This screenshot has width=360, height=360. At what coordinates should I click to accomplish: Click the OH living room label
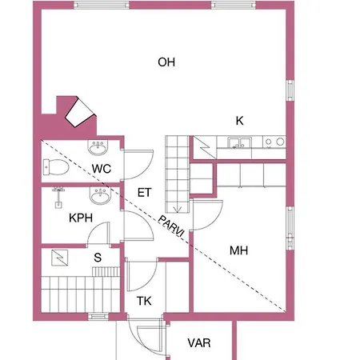pyautogui.click(x=166, y=62)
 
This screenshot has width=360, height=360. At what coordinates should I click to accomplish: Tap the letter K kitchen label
pyautogui.click(x=239, y=121)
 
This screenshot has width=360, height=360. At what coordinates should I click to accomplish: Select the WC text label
pyautogui.click(x=102, y=169)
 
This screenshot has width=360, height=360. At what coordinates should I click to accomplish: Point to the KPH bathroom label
pyautogui.click(x=81, y=218)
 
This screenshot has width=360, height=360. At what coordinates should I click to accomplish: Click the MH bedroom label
pyautogui.click(x=238, y=250)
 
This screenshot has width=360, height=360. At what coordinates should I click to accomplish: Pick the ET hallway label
pyautogui.click(x=145, y=193)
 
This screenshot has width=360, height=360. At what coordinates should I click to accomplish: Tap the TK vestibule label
pyautogui.click(x=144, y=301)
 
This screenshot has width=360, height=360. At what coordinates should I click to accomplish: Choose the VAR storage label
pyautogui.click(x=199, y=343)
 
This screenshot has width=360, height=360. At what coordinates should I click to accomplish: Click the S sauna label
pyautogui.click(x=98, y=258)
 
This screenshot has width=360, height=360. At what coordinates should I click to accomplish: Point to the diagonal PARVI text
pyautogui.click(x=171, y=226)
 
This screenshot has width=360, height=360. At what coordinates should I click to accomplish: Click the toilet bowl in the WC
pyautogui.click(x=56, y=167)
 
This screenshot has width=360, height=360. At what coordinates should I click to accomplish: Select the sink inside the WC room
pyautogui.click(x=98, y=147)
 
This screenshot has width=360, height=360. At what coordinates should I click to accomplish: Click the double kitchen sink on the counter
pyautogui.click(x=239, y=142)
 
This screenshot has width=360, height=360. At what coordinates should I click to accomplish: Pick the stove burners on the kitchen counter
pyautogui.click(x=274, y=142)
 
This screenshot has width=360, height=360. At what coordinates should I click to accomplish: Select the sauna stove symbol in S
pyautogui.click(x=60, y=258)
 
